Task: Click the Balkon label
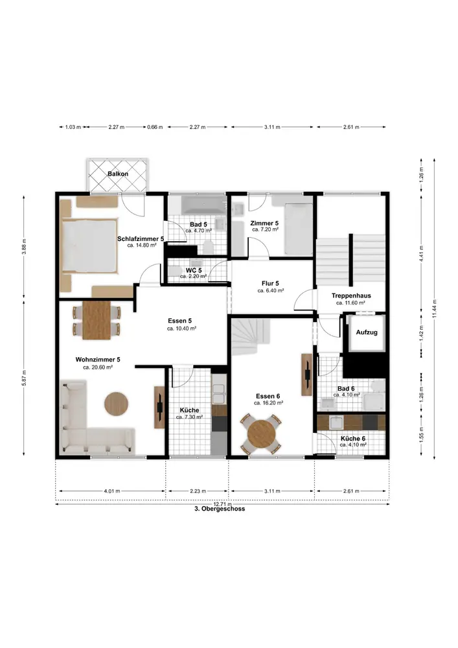[118, 174]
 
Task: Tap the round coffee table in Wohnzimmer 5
[116, 403]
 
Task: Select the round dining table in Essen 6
[262, 433]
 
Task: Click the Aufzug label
[367, 332]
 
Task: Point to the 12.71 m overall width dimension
[222, 504]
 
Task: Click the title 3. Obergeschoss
[220, 509]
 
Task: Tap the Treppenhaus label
[351, 296]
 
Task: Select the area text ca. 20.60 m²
[98, 367]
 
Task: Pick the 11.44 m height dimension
[434, 308]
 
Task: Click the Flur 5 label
[270, 284]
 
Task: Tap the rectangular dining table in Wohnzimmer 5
[97, 320]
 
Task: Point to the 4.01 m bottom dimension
[112, 491]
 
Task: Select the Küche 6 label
[353, 439]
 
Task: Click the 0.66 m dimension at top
[155, 127]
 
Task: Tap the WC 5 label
[194, 270]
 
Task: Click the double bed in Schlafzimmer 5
[89, 246]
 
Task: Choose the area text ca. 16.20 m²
[268, 403]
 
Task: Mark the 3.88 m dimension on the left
[24, 247]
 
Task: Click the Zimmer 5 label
[264, 224]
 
